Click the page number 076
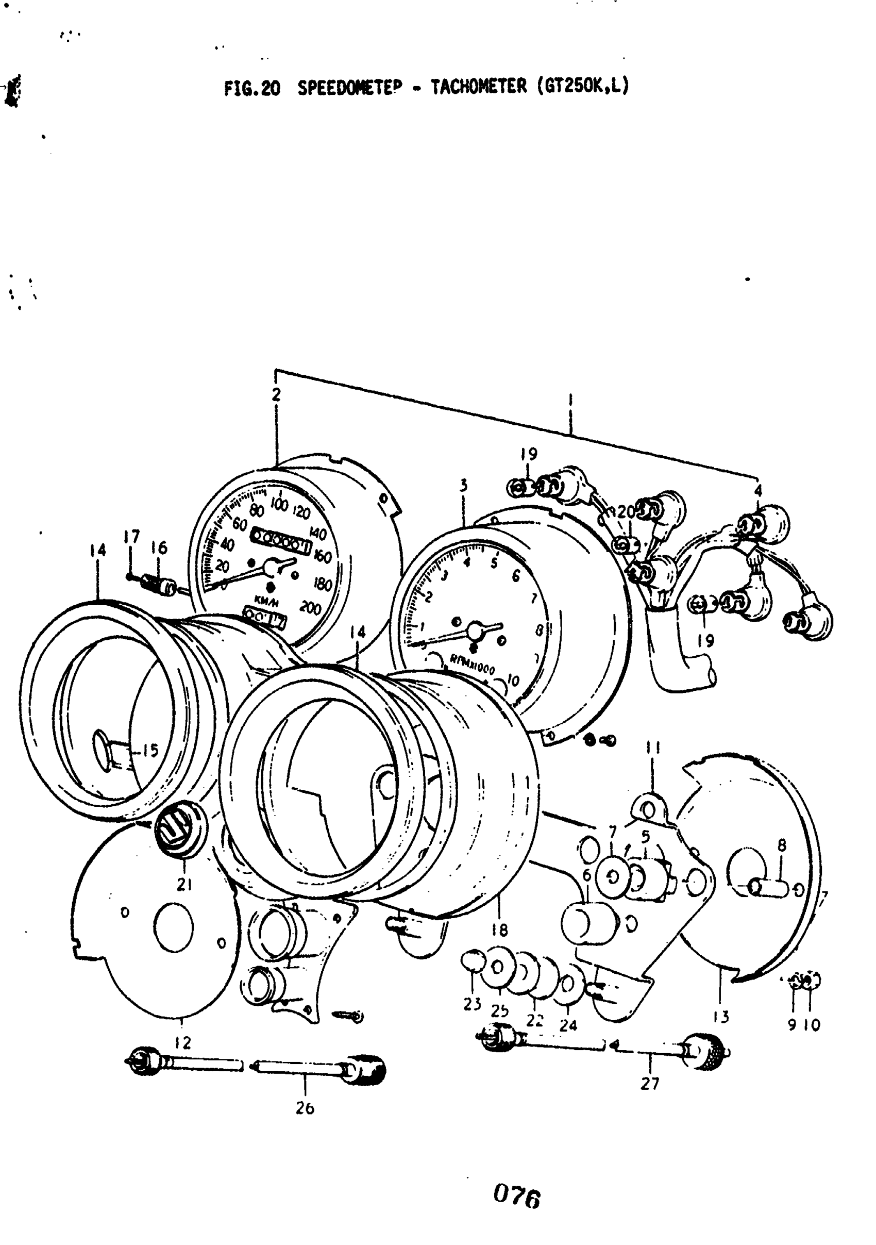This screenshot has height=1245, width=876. [517, 1198]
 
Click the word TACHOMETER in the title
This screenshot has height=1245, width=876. [478, 86]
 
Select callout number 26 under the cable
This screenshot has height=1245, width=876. [305, 1108]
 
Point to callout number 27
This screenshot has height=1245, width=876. [649, 1084]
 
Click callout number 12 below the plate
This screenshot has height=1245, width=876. [183, 1042]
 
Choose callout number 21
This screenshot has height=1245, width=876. [184, 885]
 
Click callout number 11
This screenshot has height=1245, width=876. [652, 748]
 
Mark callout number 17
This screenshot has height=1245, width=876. [131, 537]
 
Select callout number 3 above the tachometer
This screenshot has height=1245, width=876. [463, 485]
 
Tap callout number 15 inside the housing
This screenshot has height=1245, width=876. [150, 751]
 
